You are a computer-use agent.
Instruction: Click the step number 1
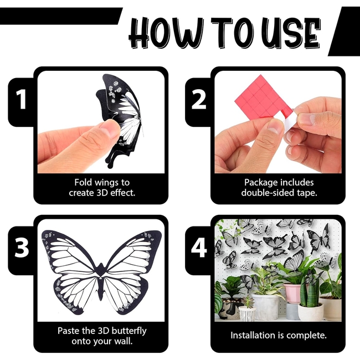point(21,100)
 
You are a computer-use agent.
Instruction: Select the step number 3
point(21,249)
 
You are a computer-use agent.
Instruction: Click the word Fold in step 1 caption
point(84,182)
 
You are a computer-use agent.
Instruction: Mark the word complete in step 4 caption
point(306,336)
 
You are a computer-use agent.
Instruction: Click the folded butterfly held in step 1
point(124,116)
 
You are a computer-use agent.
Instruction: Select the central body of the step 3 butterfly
point(100,277)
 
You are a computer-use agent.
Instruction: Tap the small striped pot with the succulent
point(246,313)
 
